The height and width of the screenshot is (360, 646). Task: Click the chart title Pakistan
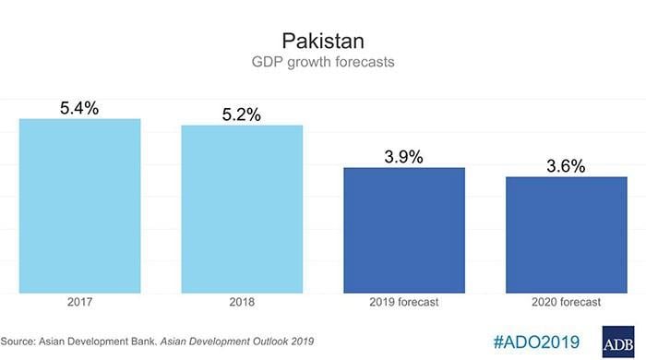click(x=322, y=41)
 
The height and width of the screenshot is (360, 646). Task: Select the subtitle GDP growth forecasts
click(x=322, y=65)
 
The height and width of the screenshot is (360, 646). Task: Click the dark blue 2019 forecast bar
click(x=403, y=230)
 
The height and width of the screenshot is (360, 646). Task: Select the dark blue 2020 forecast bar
click(x=566, y=234)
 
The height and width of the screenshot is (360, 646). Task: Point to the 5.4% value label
click(x=80, y=107)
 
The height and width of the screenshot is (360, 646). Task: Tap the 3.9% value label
click(x=403, y=157)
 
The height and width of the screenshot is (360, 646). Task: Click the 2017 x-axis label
click(x=80, y=303)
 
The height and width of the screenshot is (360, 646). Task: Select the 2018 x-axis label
click(x=242, y=303)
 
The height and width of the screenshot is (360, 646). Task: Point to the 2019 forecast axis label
click(x=403, y=303)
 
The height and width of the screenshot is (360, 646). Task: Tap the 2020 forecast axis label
click(x=566, y=303)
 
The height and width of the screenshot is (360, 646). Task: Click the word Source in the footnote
click(x=23, y=342)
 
